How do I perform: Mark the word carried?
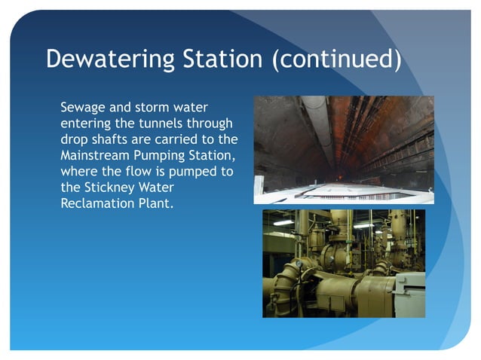166,139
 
